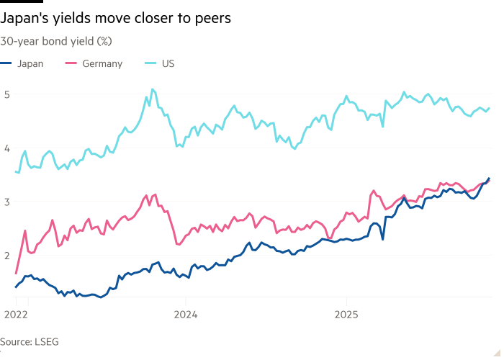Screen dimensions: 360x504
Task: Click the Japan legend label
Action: coord(30,63)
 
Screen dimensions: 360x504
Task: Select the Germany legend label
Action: coord(102,63)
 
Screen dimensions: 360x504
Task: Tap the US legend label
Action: coord(168,63)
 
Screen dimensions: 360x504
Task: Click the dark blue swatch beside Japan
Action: coord(6,63)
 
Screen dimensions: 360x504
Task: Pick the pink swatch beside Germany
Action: coord(71,63)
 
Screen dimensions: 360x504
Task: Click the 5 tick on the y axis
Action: coord(6,94)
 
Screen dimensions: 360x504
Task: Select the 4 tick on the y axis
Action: coord(6,148)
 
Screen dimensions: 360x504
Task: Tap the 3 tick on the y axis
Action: coord(6,201)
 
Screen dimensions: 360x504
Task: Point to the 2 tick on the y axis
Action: coord(6,255)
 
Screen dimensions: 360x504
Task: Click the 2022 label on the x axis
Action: coord(14,314)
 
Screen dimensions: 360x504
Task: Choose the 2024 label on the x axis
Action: coord(186,314)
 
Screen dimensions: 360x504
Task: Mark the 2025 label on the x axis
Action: coord(346,314)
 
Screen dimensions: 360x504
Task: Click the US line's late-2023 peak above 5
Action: coord(152,89)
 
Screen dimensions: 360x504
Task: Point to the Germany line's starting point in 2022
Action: coord(16,274)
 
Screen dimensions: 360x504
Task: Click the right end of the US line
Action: coord(490,108)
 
